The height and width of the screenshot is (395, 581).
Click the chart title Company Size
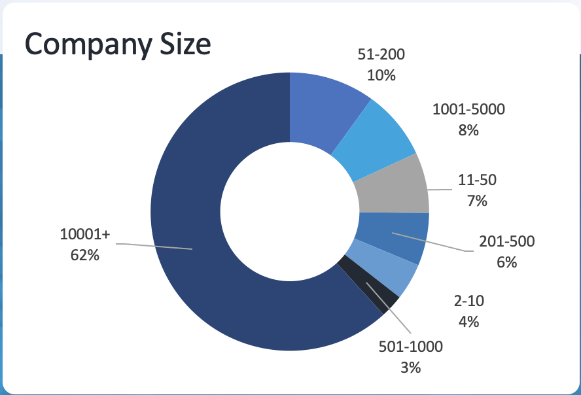coord(118,44)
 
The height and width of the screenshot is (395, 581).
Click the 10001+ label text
coord(85,233)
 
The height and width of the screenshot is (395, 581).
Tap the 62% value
coord(85,255)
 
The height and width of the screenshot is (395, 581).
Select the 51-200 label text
coord(381,55)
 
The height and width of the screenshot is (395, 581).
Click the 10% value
coord(381,75)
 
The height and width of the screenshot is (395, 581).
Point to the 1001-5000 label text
coord(468,109)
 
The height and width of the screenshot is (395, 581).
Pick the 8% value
coord(468,130)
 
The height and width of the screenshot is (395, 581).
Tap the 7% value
coord(478,201)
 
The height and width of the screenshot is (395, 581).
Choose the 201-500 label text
coord(507,242)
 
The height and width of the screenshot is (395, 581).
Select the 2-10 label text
coord(468,301)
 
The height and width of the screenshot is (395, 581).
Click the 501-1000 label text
coord(411,347)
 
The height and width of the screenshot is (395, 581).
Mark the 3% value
coord(411,368)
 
